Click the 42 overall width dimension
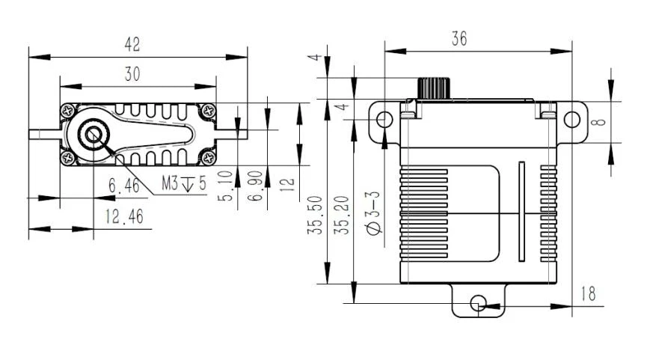(x=132, y=45)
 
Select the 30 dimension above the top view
(x=132, y=73)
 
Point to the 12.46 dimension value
(x=125, y=218)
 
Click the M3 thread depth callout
(x=184, y=182)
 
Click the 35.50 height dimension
(x=317, y=216)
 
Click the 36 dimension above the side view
(x=459, y=39)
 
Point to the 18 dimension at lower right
(x=589, y=293)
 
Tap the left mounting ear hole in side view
(x=384, y=119)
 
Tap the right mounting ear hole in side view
(x=571, y=119)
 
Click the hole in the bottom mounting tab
(x=478, y=303)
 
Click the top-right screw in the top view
(x=206, y=111)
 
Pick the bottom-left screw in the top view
(x=69, y=158)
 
